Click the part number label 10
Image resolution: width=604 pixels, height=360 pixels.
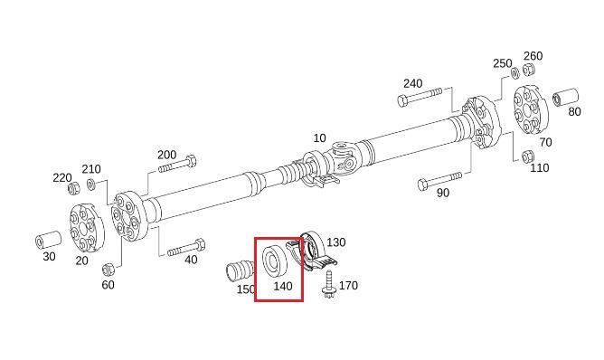click(x=319, y=138)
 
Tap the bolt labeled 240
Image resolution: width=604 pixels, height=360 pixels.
click(x=420, y=97)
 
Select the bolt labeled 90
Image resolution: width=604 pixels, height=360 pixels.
click(x=439, y=181)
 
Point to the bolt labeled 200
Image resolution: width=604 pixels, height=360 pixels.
click(x=177, y=165)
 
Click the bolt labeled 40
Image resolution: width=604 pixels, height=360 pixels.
click(x=186, y=248)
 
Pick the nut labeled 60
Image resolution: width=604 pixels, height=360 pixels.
click(x=108, y=269)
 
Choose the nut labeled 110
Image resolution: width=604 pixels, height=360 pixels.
click(x=527, y=156)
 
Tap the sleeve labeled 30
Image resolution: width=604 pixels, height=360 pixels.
click(x=48, y=240)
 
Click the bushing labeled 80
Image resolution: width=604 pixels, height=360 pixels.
click(x=565, y=98)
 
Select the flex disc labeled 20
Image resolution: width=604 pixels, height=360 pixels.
click(x=87, y=227)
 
